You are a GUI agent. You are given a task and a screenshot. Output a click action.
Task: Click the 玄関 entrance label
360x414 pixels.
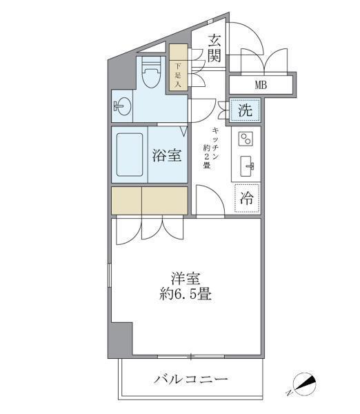[x=214, y=48]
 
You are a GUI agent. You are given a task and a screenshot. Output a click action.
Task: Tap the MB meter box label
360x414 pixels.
[x=261, y=86]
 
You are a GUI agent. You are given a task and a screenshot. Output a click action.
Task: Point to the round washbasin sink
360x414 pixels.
[x=123, y=108]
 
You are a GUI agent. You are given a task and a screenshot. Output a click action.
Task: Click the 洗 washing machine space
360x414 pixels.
[x=246, y=109]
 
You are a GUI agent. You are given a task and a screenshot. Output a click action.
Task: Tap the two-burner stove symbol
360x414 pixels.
[x=244, y=139]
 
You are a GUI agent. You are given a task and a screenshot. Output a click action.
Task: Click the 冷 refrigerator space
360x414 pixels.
[x=246, y=198]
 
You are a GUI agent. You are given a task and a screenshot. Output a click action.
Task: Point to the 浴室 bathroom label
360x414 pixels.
[x=166, y=155]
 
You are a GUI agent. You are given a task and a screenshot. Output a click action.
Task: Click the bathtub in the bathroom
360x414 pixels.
[x=129, y=155]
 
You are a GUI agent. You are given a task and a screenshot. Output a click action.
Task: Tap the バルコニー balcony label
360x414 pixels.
[x=190, y=379]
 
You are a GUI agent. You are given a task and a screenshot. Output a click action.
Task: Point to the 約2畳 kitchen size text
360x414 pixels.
[x=206, y=158]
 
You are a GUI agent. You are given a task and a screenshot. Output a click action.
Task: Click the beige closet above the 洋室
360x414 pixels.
[x=149, y=201]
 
